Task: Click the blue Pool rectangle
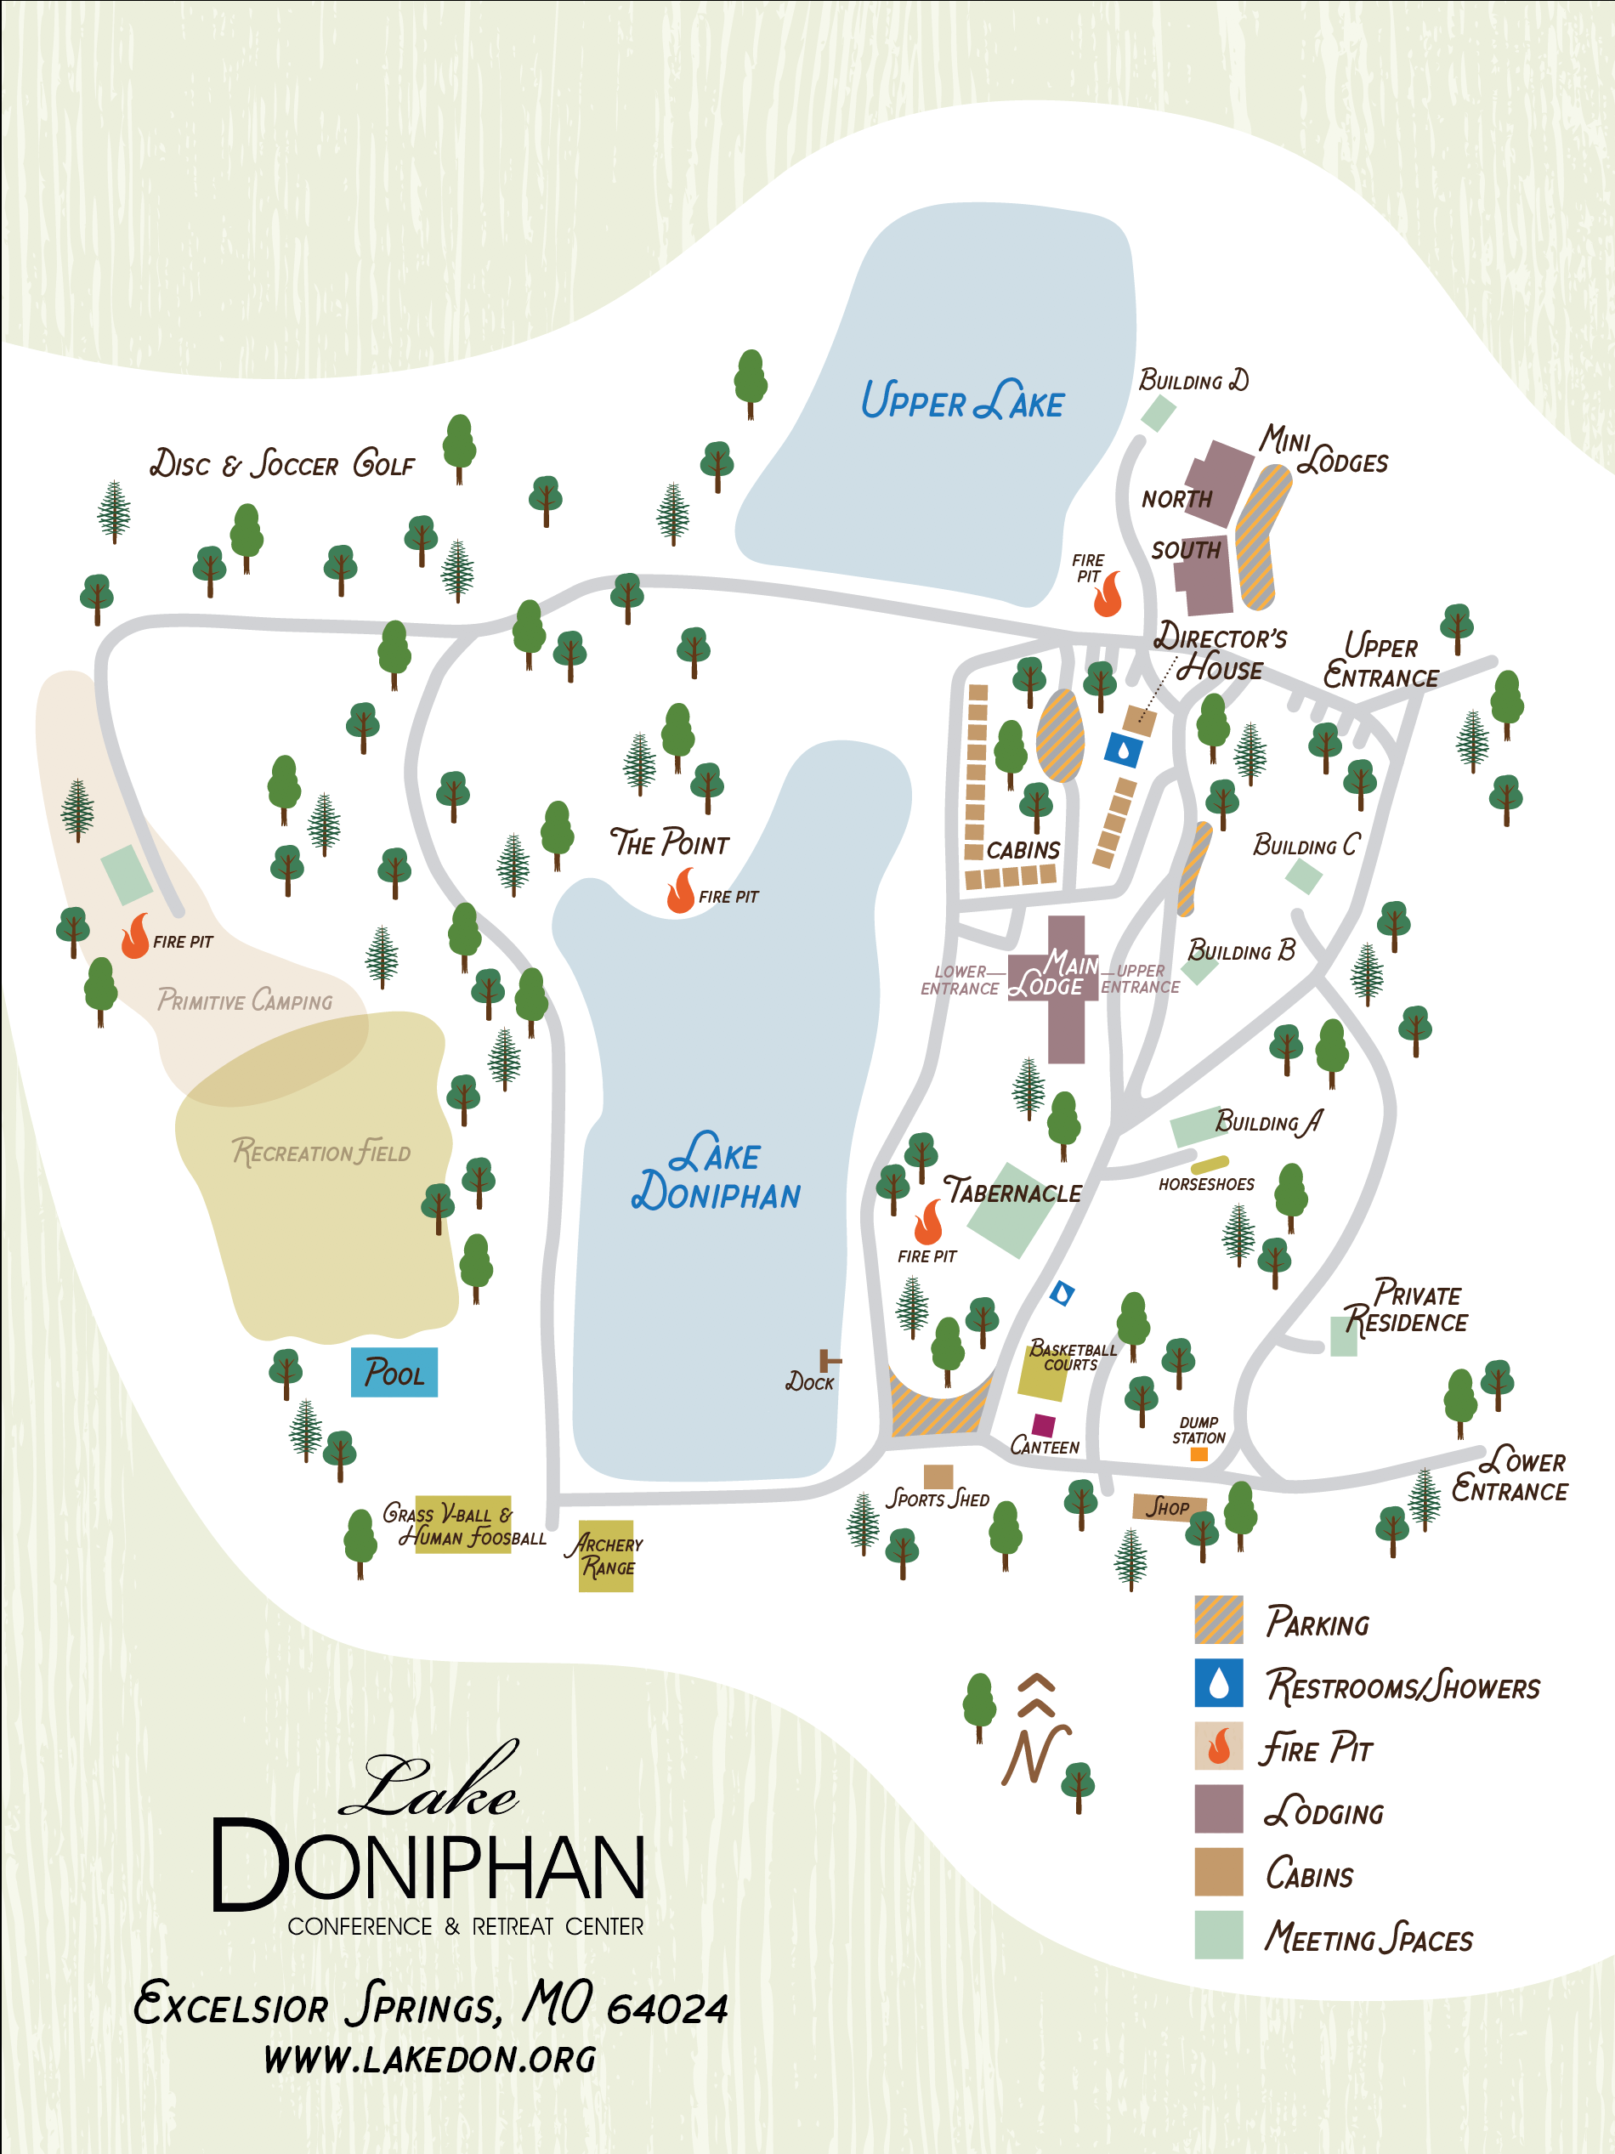394,1372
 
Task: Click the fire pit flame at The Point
681,891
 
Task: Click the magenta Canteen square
1044,1426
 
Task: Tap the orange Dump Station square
1199,1454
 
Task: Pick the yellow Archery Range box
605,1556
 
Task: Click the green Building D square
1158,414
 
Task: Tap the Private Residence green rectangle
1343,1336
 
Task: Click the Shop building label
1169,1507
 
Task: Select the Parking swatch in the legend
1219,1619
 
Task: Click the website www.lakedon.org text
429,2059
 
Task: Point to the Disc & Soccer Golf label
282,463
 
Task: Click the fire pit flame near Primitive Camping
135,937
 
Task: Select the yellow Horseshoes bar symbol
1209,1164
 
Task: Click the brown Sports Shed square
938,1477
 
